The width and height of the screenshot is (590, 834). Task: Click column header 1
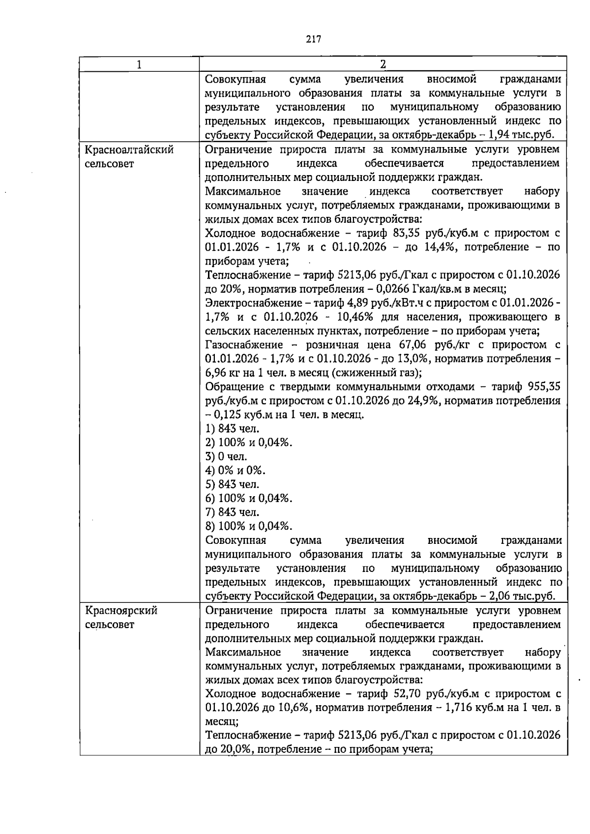point(139,64)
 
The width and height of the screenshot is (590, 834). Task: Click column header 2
point(383,64)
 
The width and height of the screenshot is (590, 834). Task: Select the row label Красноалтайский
point(129,149)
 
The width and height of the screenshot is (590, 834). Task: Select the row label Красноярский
point(121,610)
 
